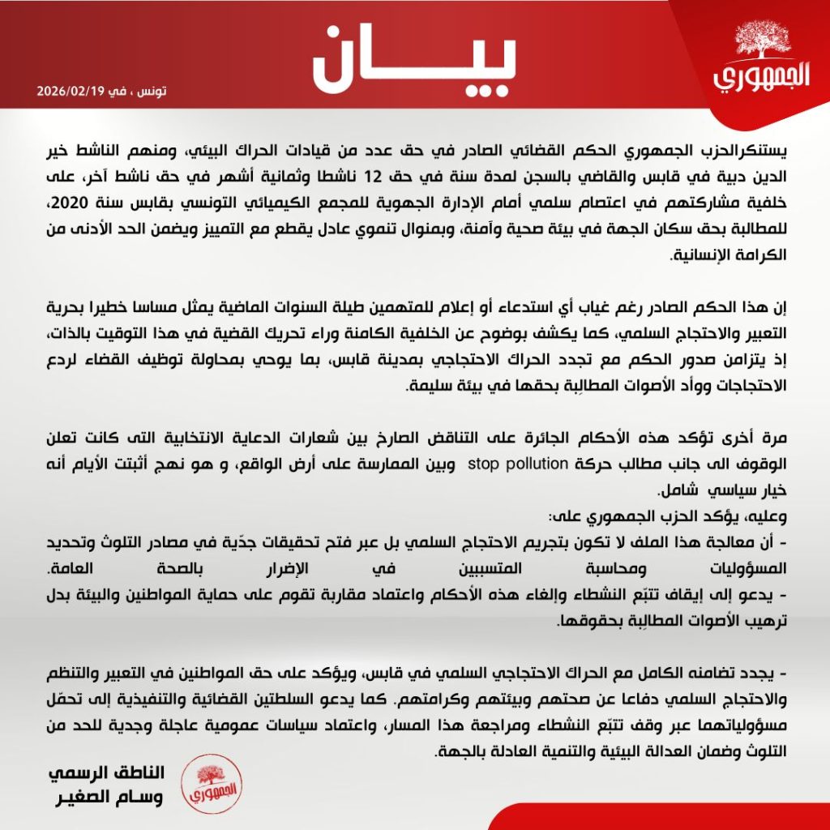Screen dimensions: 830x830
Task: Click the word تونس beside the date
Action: pos(151,92)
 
